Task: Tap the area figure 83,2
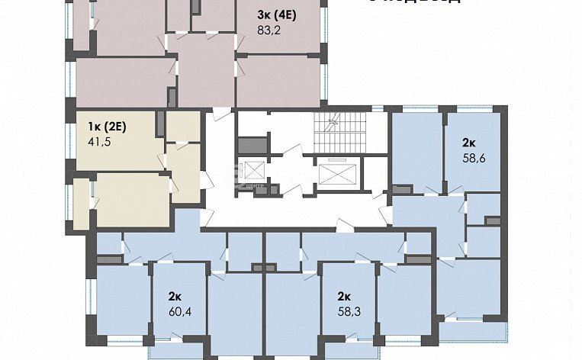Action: pos(268,31)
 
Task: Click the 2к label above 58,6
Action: pos(469,143)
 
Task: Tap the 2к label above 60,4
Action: pos(175,295)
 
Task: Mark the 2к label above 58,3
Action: pos(344,295)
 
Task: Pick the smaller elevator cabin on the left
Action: pos(249,170)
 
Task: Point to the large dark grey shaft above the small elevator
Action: pos(250,144)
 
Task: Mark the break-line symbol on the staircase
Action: pos(333,124)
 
